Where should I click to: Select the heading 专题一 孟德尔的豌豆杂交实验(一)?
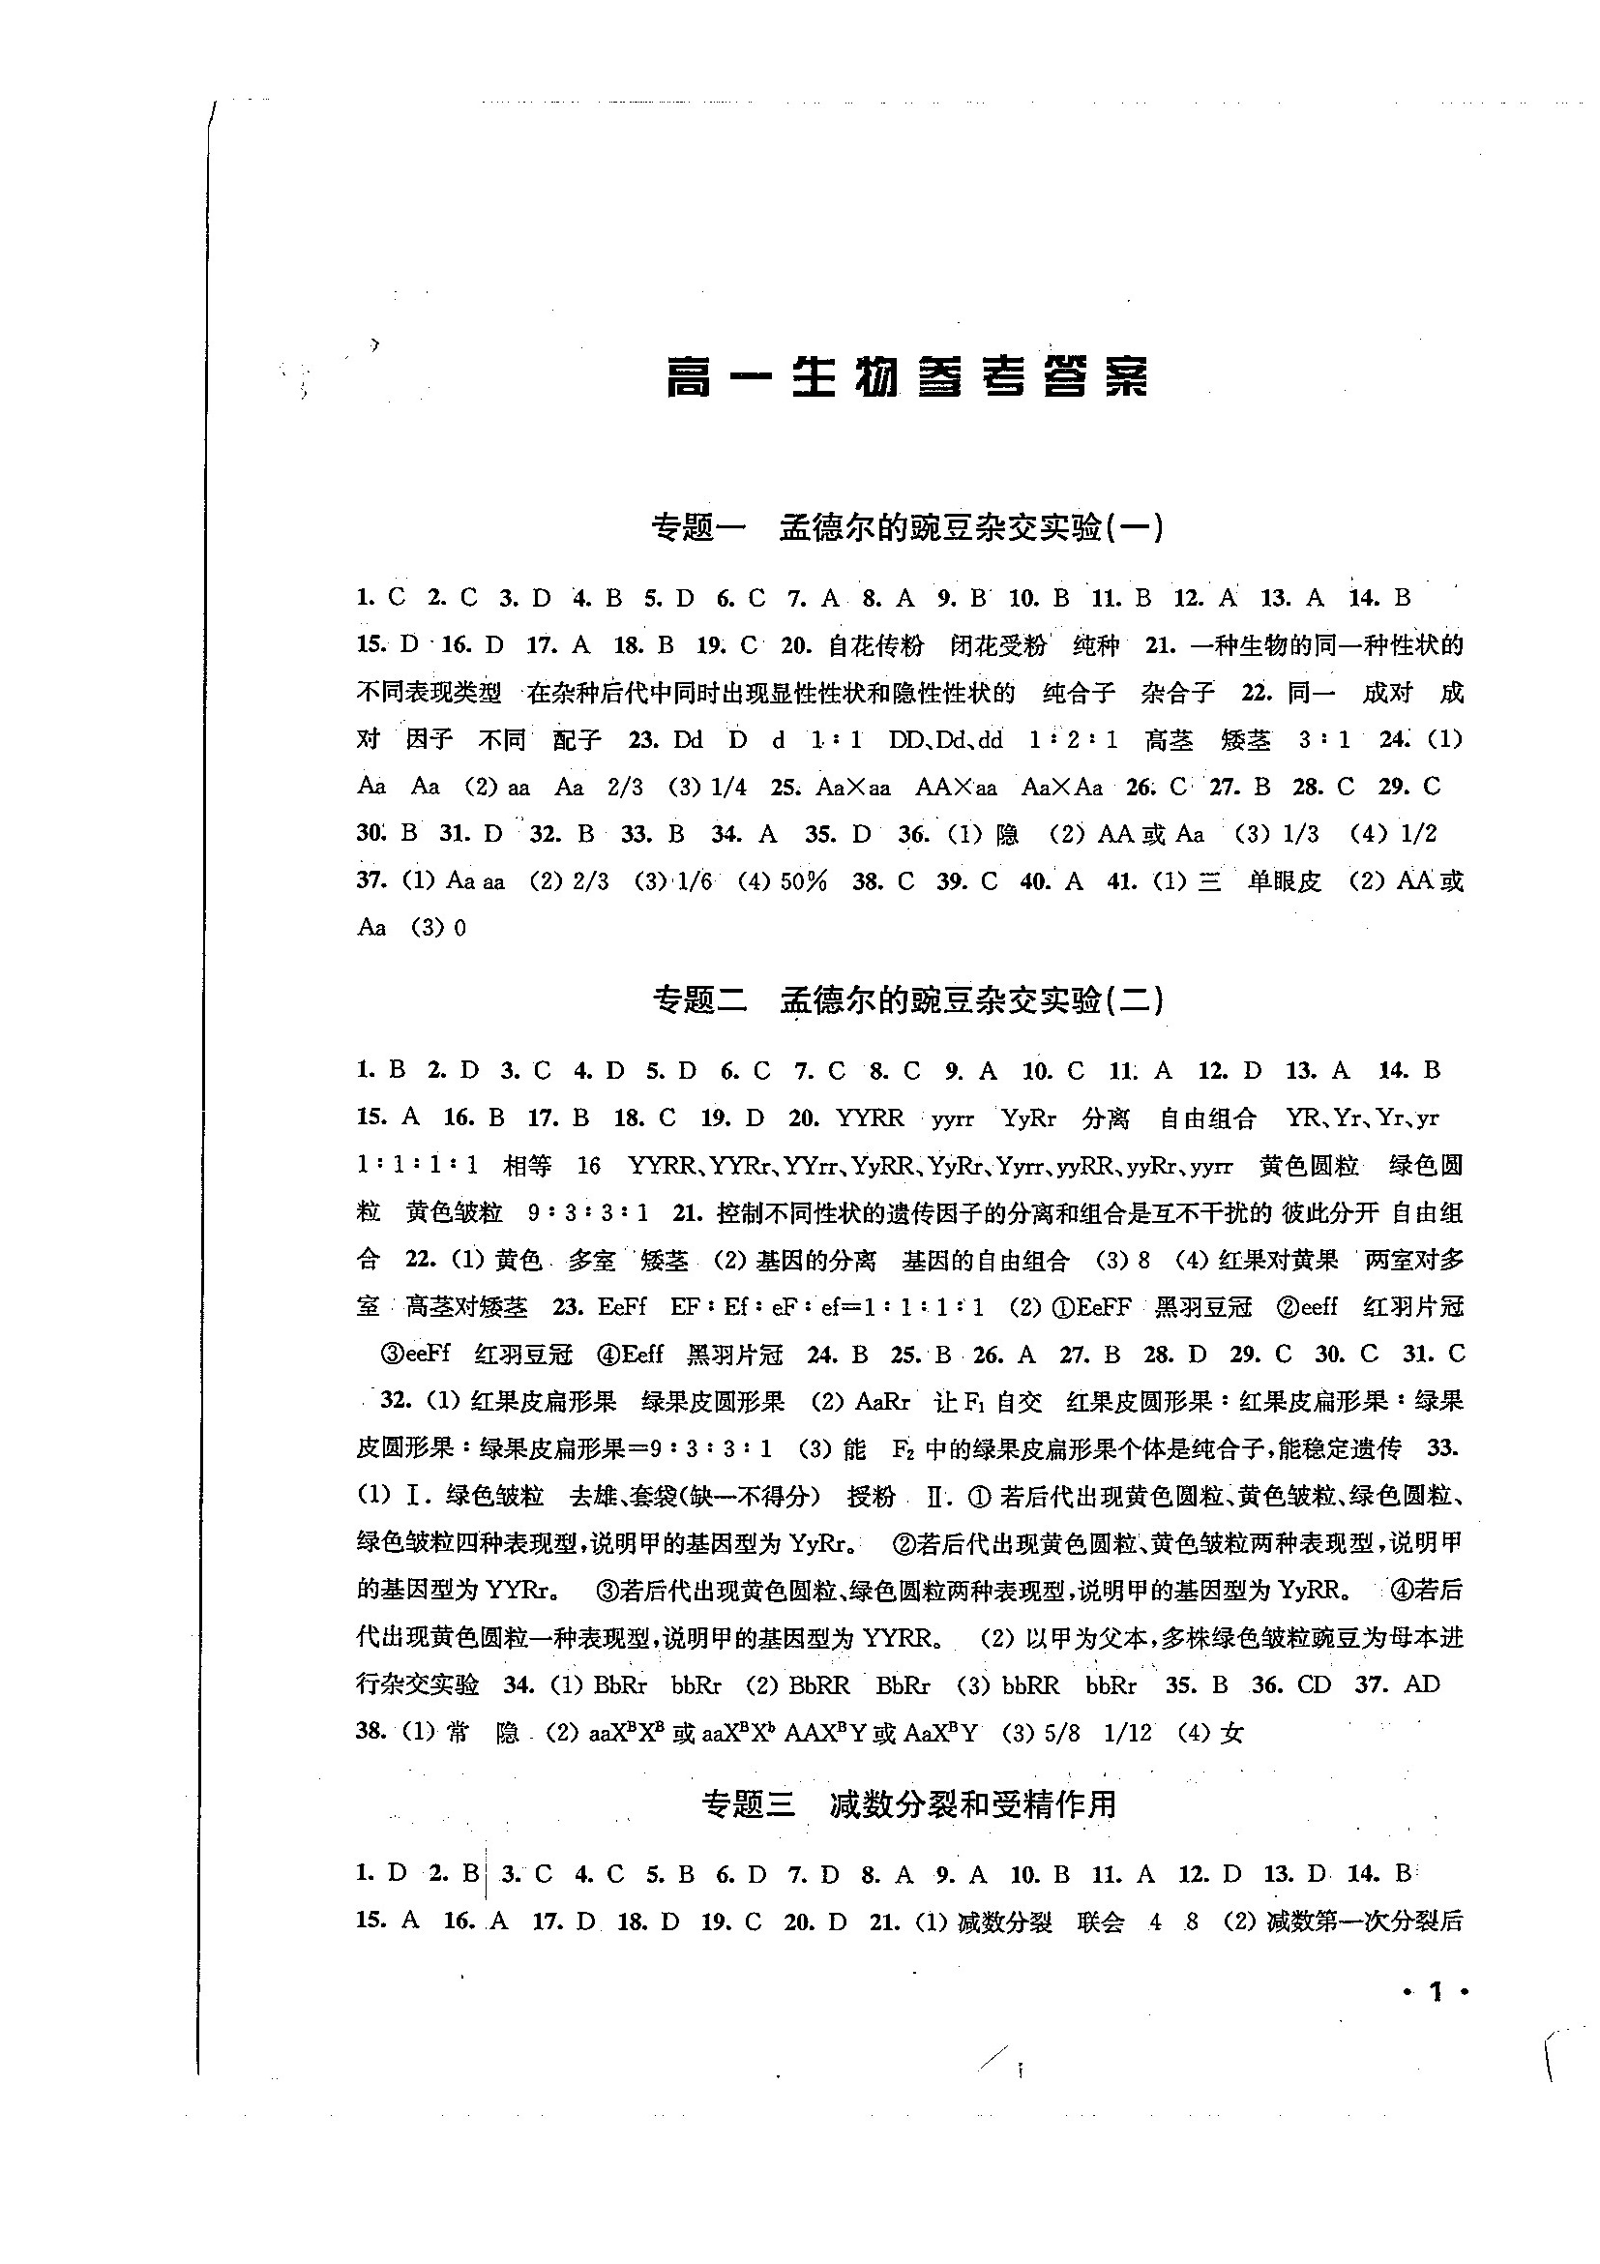pyautogui.click(x=908, y=528)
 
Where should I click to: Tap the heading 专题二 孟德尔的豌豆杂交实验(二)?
pyautogui.click(x=908, y=1000)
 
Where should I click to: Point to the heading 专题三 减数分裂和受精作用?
pyautogui.click(x=908, y=1804)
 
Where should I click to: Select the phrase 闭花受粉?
pyautogui.click(x=997, y=646)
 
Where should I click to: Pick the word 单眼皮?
pyautogui.click(x=1284, y=881)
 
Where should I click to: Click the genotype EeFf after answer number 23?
pyautogui.click(x=621, y=1307)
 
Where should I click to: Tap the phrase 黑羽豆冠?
pyautogui.click(x=1202, y=1307)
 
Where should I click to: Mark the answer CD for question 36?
pyautogui.click(x=1313, y=1685)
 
